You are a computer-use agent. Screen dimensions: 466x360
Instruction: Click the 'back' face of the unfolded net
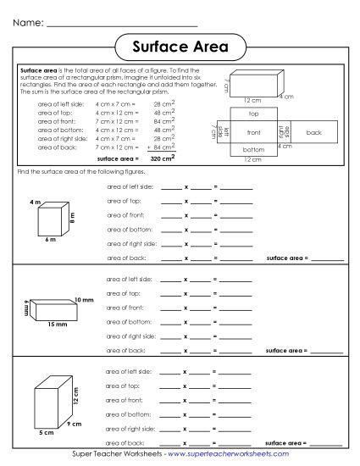point(313,132)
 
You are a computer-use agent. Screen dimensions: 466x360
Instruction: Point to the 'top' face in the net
point(253,113)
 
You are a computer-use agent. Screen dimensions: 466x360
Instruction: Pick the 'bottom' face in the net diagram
point(253,150)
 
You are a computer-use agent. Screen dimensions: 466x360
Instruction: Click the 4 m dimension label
point(35,202)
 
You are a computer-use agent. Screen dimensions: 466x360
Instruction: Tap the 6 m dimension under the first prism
point(49,241)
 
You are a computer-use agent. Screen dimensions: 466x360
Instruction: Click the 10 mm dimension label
point(83,300)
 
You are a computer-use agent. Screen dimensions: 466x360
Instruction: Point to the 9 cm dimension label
point(75,423)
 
